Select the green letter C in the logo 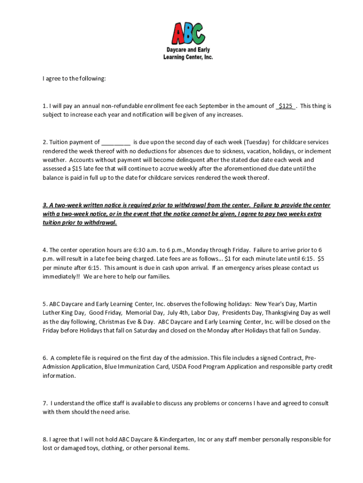[199, 33]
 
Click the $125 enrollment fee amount [285, 106]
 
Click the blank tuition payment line [115, 142]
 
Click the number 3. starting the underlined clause [45, 205]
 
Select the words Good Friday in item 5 [104, 313]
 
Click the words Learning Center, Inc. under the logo [188, 57]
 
